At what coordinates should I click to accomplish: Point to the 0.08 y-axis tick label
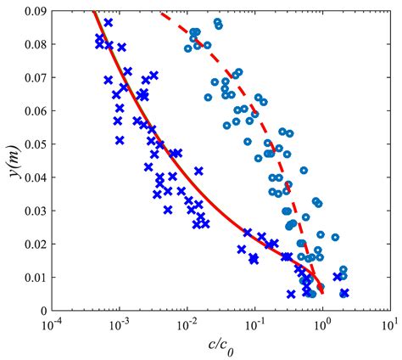tap(33, 43)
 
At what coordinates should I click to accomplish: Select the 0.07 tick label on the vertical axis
tap(33, 77)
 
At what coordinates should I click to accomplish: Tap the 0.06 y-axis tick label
tap(33, 110)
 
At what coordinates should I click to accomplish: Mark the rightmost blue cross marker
tap(344, 293)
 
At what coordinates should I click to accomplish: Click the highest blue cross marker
tap(109, 22)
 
